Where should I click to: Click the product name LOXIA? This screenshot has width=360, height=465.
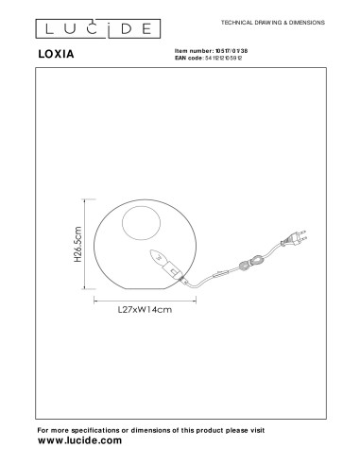coord(60,56)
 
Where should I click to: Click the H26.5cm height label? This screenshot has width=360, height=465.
coord(82,249)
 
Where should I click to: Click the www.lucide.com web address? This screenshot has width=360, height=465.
coord(80,440)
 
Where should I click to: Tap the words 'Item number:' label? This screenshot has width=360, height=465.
coord(196,50)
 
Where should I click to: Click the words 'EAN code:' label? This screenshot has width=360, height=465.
coord(193,58)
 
